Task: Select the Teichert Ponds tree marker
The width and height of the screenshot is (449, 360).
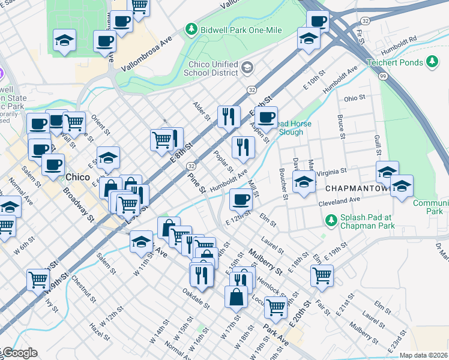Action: (x=432, y=61)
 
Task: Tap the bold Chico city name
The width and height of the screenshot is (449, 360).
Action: (x=77, y=177)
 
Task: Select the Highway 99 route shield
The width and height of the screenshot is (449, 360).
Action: (x=383, y=76)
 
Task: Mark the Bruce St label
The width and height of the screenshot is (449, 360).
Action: (x=340, y=127)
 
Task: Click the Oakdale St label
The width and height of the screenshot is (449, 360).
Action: (x=196, y=298)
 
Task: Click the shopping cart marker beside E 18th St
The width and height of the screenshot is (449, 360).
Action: (x=322, y=275)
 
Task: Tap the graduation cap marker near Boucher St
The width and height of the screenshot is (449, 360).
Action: (x=304, y=181)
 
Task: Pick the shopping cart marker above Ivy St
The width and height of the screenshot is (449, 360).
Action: (x=38, y=279)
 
